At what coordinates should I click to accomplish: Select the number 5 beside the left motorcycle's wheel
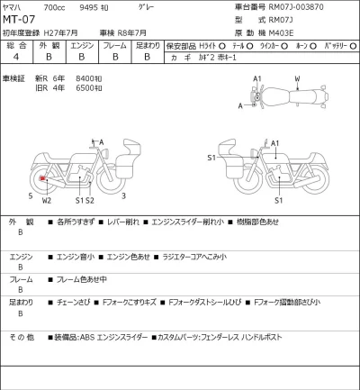click(x=30, y=194)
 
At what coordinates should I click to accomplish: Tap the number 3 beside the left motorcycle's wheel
click(x=123, y=194)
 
